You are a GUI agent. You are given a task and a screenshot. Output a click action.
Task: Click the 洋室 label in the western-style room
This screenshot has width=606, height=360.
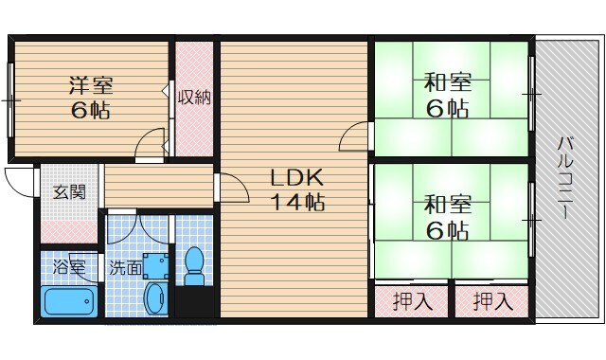(x=89, y=83)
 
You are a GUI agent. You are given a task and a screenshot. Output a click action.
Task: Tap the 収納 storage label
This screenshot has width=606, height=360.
(x=194, y=97)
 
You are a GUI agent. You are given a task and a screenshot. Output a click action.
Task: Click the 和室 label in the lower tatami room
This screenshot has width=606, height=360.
(x=448, y=204)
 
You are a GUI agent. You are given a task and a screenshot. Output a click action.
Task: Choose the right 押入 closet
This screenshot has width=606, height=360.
(x=493, y=303)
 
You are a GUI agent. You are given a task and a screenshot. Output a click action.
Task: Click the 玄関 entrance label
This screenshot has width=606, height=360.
(x=69, y=191)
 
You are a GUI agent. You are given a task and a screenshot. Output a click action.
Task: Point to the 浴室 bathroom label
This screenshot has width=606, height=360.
(x=69, y=267)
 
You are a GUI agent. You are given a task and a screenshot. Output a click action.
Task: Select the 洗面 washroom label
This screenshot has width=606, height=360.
(x=125, y=267)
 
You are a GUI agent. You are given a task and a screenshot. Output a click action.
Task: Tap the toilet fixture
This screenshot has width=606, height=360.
(x=195, y=266)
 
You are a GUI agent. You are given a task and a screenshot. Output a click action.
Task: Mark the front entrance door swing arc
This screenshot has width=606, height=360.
(x=17, y=177)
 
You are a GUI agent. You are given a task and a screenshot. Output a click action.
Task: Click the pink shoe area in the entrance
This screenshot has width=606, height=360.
(x=69, y=230)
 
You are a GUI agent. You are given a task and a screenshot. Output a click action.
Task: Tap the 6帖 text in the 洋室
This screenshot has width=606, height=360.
(x=89, y=110)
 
